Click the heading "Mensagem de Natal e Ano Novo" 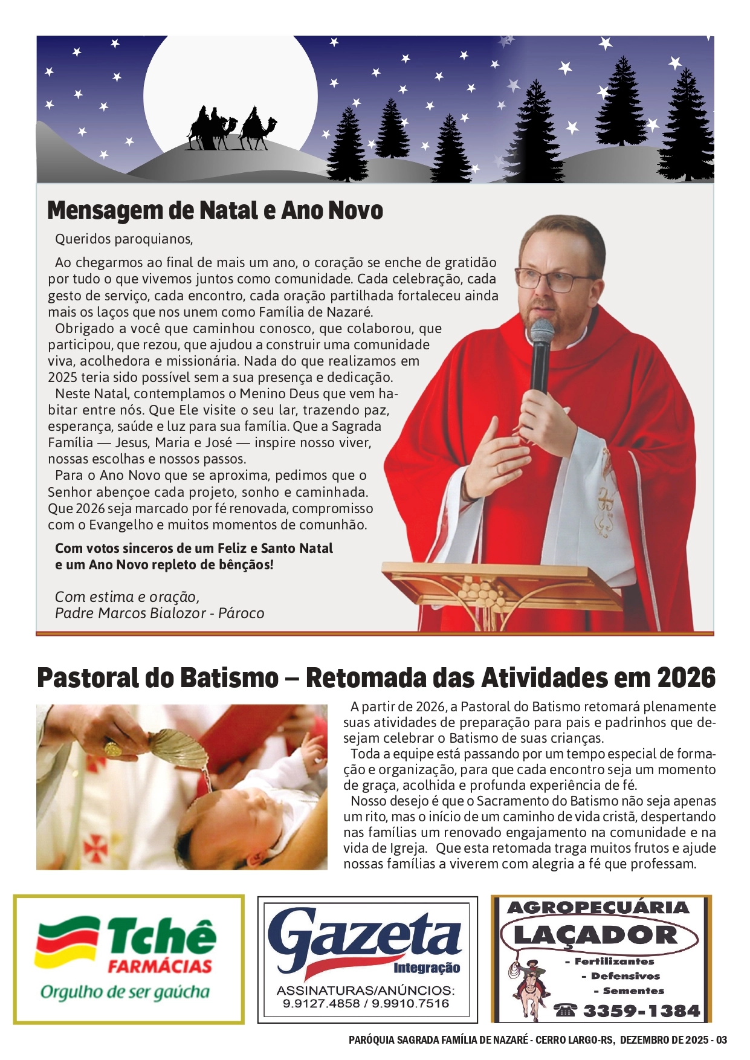tap(215, 210)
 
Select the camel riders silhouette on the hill tap(231, 129)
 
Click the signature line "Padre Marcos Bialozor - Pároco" tap(160, 613)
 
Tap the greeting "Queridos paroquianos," tap(124, 239)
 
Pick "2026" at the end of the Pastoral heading tap(686, 678)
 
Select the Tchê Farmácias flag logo tap(66, 943)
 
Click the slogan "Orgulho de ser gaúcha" tap(125, 992)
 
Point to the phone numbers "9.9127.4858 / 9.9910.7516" tap(367, 1004)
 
